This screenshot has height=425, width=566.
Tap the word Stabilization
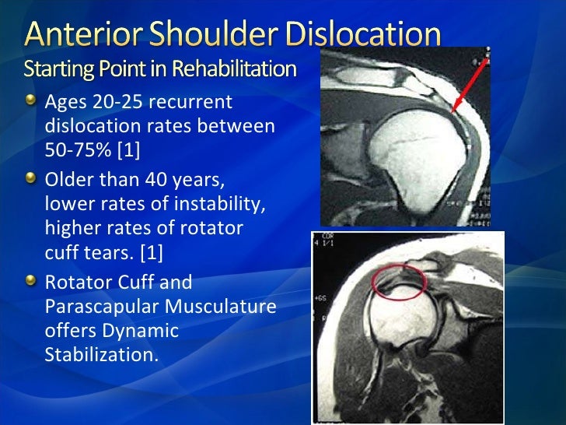101,356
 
